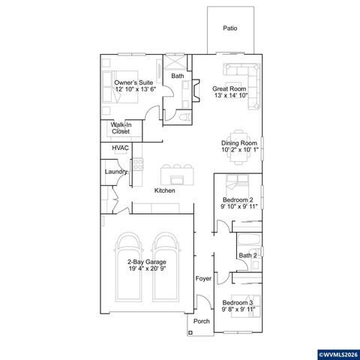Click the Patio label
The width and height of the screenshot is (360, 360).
(230, 28)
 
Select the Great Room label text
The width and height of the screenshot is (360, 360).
(229, 92)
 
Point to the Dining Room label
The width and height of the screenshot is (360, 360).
(239, 145)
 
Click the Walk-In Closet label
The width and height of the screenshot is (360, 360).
(121, 128)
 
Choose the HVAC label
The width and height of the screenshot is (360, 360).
(120, 148)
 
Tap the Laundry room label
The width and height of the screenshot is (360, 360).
(115, 172)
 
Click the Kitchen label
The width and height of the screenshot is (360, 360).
(165, 190)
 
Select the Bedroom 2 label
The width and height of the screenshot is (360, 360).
(239, 202)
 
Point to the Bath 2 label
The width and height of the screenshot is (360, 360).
(248, 256)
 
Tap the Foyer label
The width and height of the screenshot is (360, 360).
(202, 279)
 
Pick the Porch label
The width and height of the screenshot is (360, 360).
(201, 321)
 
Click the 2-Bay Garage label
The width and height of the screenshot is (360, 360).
(146, 265)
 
